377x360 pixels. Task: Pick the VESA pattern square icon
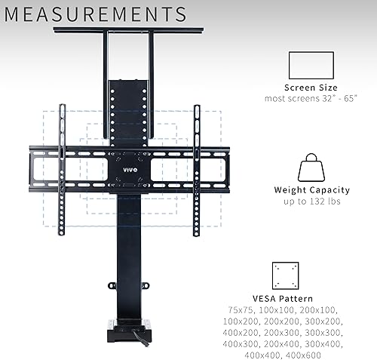coord(286,275)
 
